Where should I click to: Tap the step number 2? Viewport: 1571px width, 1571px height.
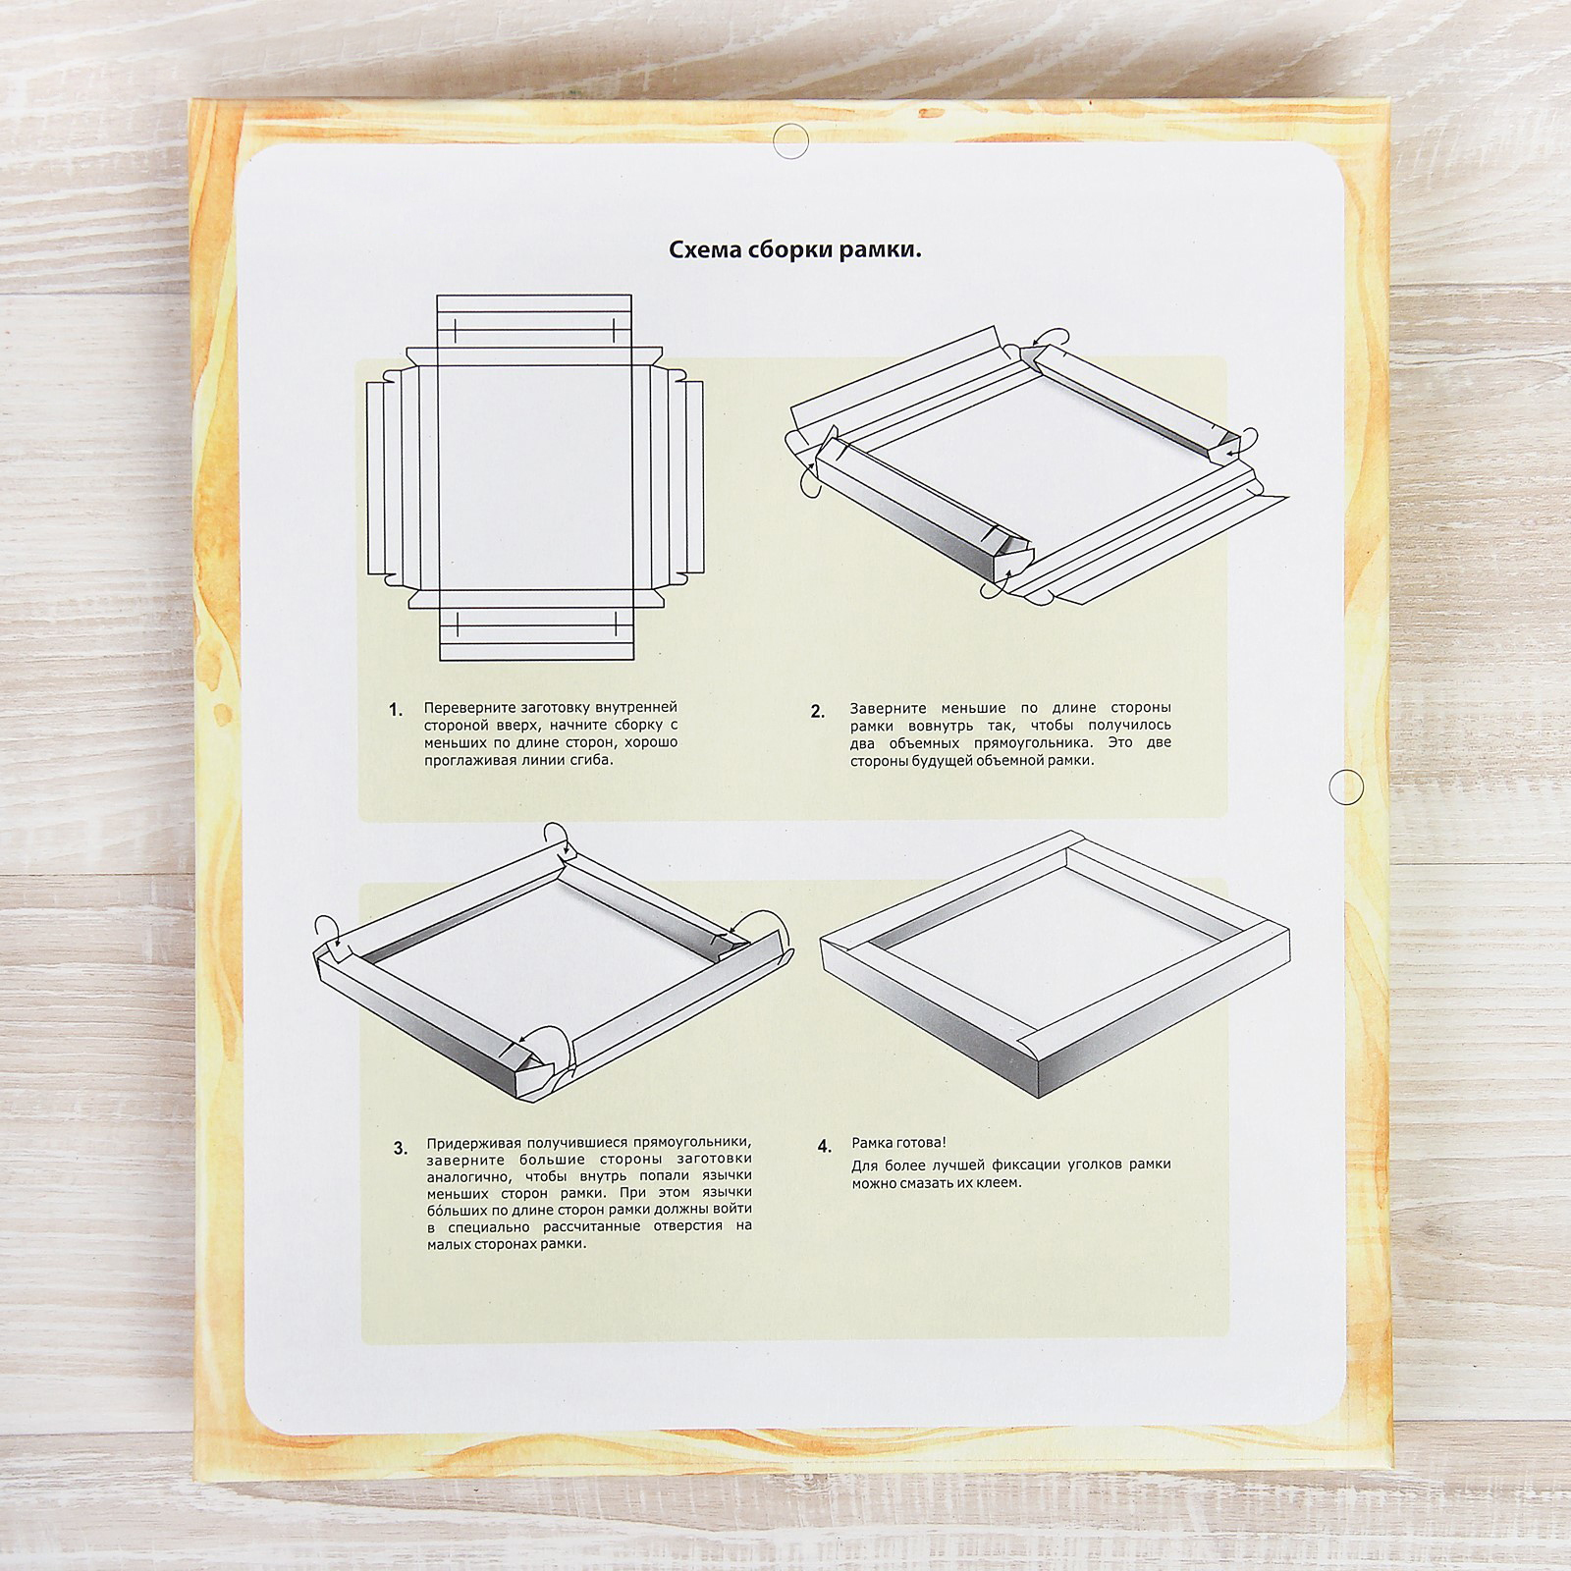pyautogui.click(x=818, y=712)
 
